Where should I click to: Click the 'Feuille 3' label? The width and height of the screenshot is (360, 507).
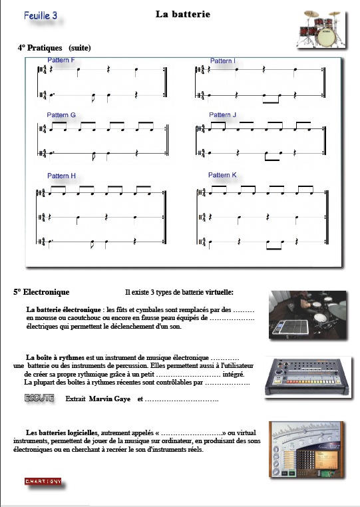tap(41, 15)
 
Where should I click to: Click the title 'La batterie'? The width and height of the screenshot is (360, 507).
tap(183, 14)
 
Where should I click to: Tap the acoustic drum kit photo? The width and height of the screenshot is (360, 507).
tap(321, 29)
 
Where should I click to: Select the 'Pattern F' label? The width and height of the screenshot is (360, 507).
tap(61, 60)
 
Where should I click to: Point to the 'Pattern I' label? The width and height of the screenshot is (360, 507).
tap(222, 61)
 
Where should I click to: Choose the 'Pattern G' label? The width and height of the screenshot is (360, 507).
tap(61, 115)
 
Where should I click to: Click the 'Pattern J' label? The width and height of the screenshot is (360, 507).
tap(222, 115)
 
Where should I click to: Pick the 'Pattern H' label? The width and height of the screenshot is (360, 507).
tap(61, 176)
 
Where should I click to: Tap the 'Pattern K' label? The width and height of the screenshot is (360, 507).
tap(222, 175)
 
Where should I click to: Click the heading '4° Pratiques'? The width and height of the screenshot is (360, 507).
tap(40, 48)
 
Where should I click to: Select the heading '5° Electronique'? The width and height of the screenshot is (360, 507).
tap(41, 292)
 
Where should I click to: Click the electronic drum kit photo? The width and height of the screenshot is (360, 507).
tap(307, 315)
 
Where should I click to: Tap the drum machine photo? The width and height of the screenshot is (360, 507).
tap(307, 377)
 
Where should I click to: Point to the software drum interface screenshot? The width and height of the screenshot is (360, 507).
tap(306, 449)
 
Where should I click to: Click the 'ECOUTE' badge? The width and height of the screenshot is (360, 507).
tap(39, 398)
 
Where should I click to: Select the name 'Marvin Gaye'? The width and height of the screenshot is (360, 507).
tap(110, 399)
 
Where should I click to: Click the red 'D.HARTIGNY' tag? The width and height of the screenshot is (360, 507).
tap(43, 482)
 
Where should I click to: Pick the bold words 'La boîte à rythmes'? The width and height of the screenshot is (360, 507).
tap(55, 357)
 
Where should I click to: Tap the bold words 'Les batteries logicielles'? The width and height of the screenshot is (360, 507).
tap(61, 432)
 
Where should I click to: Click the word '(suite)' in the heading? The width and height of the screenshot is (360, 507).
tap(80, 48)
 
